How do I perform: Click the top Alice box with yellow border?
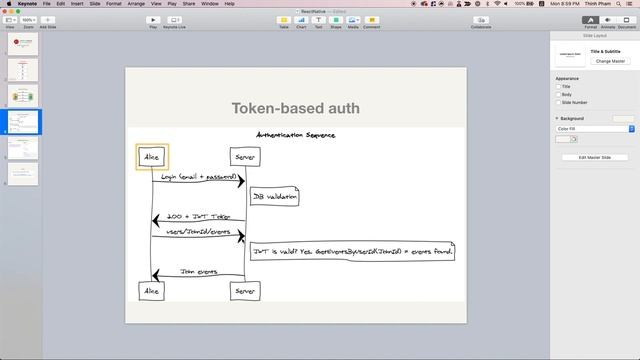click(x=152, y=157)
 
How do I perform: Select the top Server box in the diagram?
click(x=244, y=157)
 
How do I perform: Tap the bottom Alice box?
click(x=152, y=290)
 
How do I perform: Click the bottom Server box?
click(x=244, y=290)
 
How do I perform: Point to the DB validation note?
click(x=274, y=198)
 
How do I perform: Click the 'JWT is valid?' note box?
click(x=351, y=251)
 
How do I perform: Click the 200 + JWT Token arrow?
click(x=198, y=220)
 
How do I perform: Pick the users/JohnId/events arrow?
click(x=198, y=236)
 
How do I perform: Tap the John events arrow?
click(x=198, y=274)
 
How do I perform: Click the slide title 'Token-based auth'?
click(x=295, y=108)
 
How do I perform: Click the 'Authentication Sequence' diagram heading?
click(x=295, y=135)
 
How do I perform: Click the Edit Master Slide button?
click(x=595, y=157)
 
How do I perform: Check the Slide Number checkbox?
click(x=558, y=102)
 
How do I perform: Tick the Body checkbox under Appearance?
click(x=558, y=94)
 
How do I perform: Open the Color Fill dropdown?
click(x=595, y=128)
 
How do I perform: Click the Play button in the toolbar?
click(x=153, y=19)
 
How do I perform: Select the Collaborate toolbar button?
click(x=480, y=19)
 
